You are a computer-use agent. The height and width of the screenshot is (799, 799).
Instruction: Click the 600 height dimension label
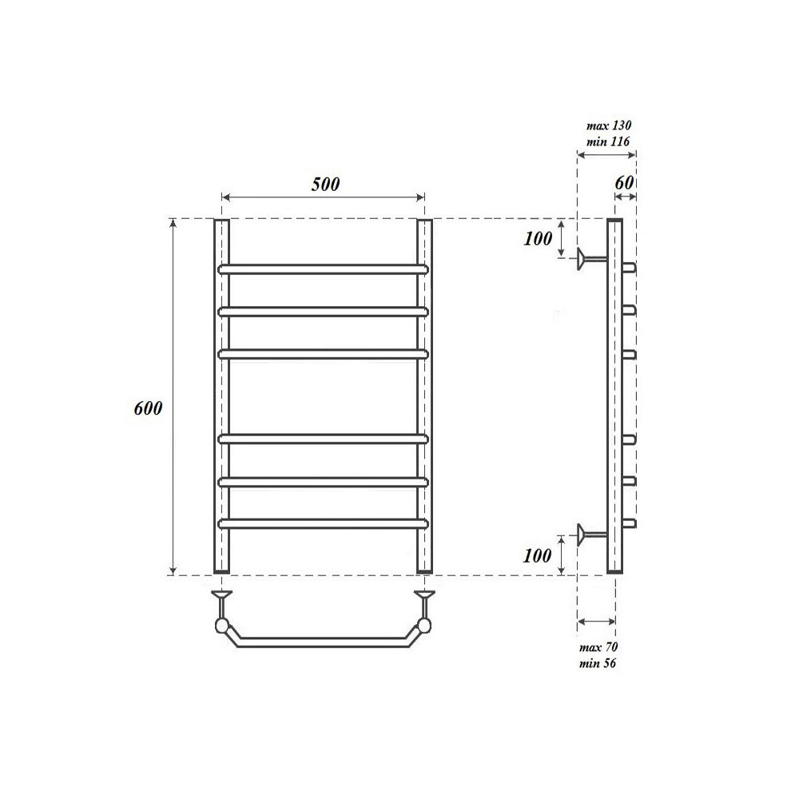tap(149, 408)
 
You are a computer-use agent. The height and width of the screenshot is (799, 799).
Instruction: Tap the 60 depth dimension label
tap(625, 182)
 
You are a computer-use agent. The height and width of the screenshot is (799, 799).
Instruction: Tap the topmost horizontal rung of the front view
tap(323, 268)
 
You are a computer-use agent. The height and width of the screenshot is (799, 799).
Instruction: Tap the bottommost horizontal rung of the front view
tap(323, 523)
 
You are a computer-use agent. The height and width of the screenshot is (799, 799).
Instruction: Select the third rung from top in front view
tap(323, 353)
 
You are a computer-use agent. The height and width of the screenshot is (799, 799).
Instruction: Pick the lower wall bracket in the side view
tap(590, 533)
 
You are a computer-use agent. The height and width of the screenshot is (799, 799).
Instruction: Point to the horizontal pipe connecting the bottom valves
tap(323, 641)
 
